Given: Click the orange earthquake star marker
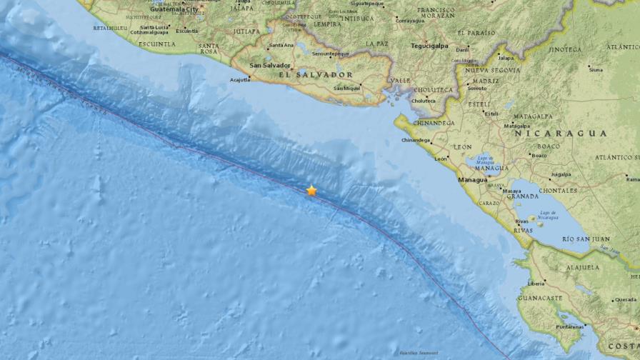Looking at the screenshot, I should (x=311, y=191).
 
